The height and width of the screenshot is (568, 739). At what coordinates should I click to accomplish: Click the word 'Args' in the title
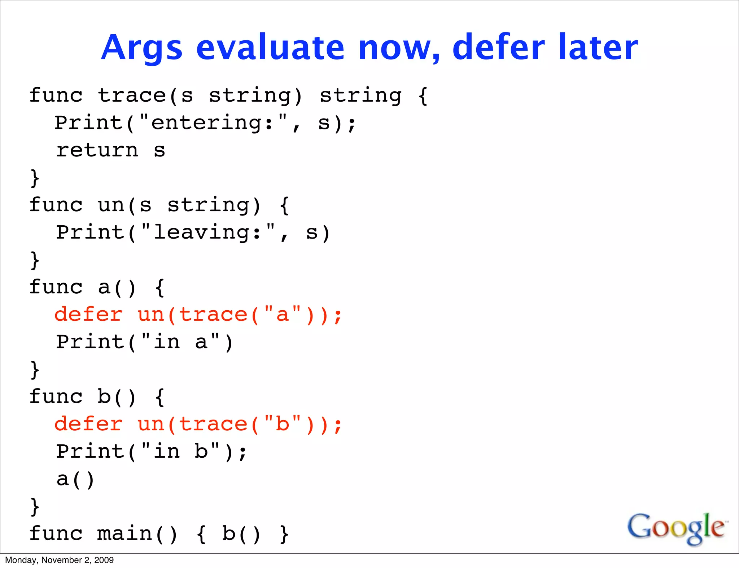(141, 48)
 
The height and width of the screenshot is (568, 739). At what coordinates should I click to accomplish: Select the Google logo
(676, 528)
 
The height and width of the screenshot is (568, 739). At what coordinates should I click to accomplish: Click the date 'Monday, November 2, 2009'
(59, 560)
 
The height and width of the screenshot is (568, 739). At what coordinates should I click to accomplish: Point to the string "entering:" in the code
(213, 123)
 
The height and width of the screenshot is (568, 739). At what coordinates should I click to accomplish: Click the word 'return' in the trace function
(97, 150)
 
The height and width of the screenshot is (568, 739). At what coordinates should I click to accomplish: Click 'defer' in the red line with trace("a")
(88, 314)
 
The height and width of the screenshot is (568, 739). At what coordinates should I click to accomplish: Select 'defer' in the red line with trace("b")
(88, 424)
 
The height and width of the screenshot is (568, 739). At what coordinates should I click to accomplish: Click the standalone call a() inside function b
(75, 479)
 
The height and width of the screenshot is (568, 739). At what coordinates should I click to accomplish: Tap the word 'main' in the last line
(124, 534)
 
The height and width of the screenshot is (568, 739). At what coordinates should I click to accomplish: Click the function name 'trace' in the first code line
(132, 96)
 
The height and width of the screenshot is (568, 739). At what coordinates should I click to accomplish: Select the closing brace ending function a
(35, 369)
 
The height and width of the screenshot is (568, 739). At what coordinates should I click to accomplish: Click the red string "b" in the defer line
(283, 424)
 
